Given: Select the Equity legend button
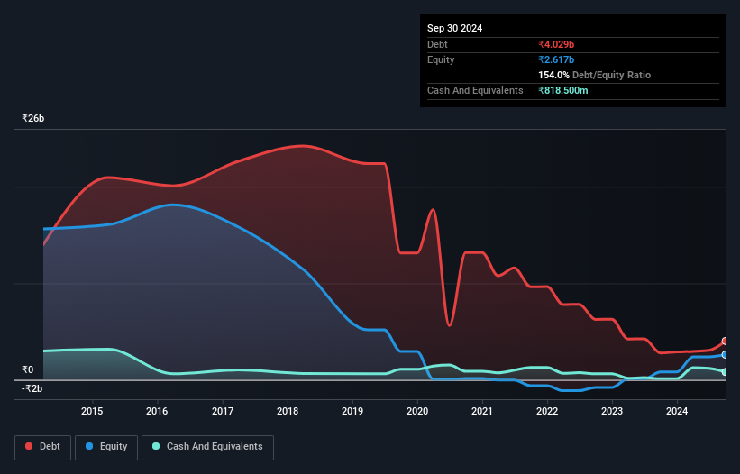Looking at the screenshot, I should point(105,446).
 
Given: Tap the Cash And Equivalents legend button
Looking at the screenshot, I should point(207,446).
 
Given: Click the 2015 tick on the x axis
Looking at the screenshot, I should point(92,412).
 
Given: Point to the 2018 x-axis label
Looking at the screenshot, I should point(288,412).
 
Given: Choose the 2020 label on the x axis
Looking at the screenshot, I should point(417,412).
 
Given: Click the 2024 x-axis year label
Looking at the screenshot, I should point(677,412).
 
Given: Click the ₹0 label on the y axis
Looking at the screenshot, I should point(27,369).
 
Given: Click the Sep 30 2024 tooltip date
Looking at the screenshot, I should point(454,28).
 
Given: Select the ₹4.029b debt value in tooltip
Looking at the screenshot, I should point(562,44).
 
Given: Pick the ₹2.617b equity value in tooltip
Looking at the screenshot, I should point(562,59).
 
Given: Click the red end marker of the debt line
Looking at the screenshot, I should point(725,342).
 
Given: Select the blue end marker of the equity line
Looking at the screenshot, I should point(725,355).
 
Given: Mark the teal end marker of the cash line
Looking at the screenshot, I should point(725,371).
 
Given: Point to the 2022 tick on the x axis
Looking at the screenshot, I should point(547,412).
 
